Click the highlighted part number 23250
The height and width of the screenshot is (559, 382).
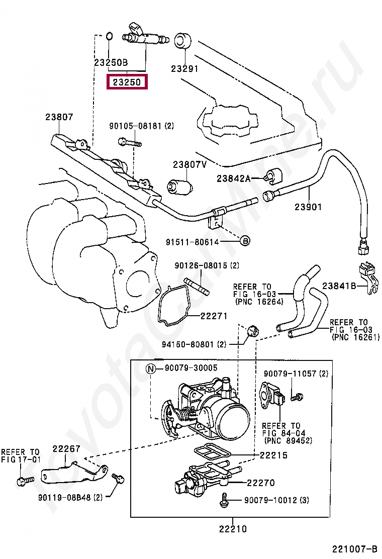coord(126,81)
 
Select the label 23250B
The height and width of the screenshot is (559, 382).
coord(111,63)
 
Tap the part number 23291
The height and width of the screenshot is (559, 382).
coord(184,69)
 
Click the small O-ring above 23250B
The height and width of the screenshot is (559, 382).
coord(109,36)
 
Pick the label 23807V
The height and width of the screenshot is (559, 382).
coord(190,164)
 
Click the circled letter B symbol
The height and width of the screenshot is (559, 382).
coord(245,241)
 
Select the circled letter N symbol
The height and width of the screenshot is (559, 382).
coord(151,368)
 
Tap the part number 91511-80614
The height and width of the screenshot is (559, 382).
coord(193,242)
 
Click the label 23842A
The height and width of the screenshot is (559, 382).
coord(233,178)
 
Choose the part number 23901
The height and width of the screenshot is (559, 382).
coord(308,207)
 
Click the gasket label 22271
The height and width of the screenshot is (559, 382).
coord(214,316)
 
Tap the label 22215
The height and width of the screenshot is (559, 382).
coord(273,455)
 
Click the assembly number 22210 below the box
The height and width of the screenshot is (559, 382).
coord(233,529)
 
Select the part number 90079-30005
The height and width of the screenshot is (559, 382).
coord(191,368)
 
